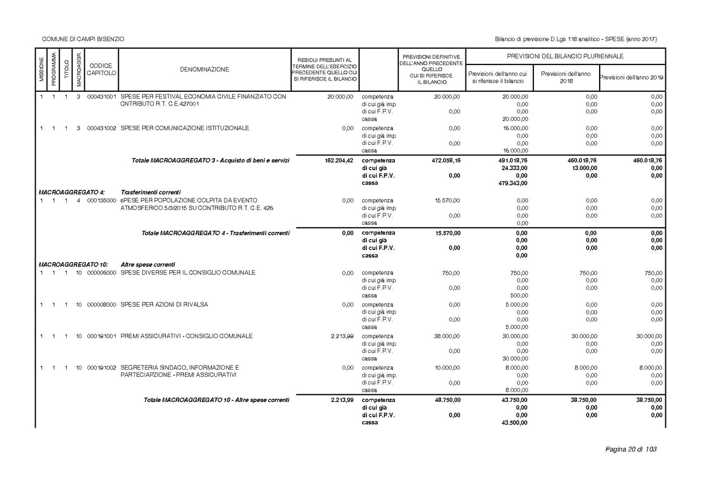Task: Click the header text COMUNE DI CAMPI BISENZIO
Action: (x=83, y=39)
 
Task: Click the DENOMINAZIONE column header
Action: (x=204, y=69)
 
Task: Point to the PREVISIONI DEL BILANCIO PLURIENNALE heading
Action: (x=565, y=56)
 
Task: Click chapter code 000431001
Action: (x=101, y=97)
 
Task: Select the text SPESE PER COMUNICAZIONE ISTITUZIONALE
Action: (x=185, y=129)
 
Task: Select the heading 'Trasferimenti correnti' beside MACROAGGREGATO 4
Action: (x=147, y=193)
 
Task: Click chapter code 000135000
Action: (x=101, y=201)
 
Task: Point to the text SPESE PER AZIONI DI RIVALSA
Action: (x=164, y=305)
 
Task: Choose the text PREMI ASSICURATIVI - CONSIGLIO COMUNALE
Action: (x=187, y=336)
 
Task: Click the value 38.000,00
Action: (x=447, y=336)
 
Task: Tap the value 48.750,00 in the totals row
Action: (x=447, y=400)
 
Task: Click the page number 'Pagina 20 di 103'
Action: (x=630, y=450)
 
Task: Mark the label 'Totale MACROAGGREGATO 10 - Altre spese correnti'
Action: (x=216, y=400)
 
